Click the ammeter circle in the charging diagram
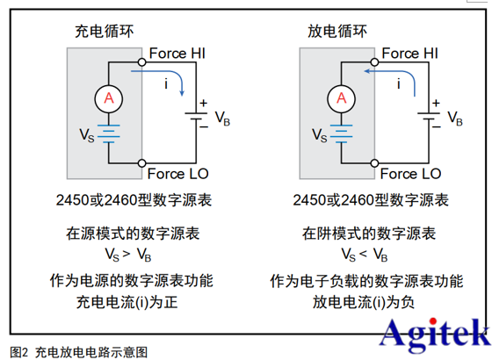[109, 100]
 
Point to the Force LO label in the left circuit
[177, 174]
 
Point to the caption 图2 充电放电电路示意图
[79, 350]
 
